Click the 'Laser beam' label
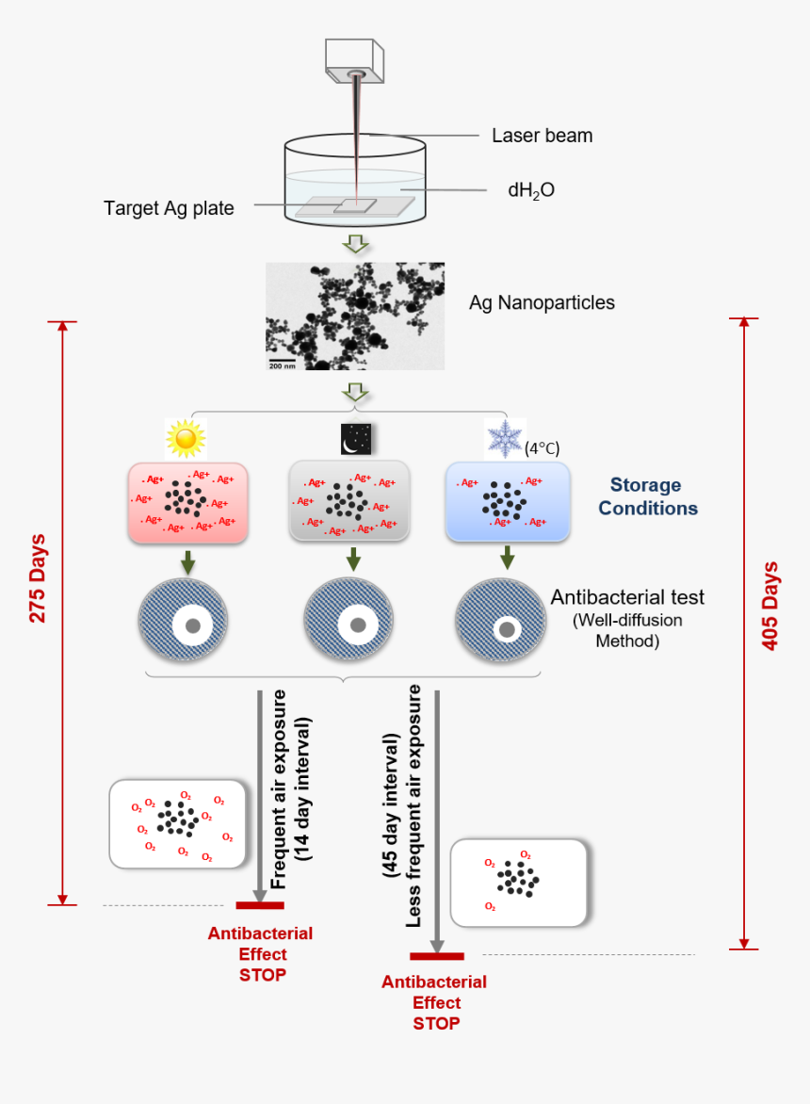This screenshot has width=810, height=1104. point(542,136)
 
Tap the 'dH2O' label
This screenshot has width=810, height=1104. point(531,189)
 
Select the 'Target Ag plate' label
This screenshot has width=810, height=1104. point(169,207)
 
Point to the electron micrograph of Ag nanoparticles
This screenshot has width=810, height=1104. point(355,316)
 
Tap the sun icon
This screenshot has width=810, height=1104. point(185,438)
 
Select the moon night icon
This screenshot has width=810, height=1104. point(356,438)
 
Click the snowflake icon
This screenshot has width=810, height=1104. point(503,439)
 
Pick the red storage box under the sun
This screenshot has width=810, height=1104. point(187,502)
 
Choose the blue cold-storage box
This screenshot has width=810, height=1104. point(508,502)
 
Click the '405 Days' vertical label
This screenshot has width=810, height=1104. point(769,607)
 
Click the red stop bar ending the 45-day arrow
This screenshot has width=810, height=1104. point(436,957)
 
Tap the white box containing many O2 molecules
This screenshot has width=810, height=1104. point(179,822)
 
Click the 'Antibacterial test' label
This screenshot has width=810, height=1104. point(627,597)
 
